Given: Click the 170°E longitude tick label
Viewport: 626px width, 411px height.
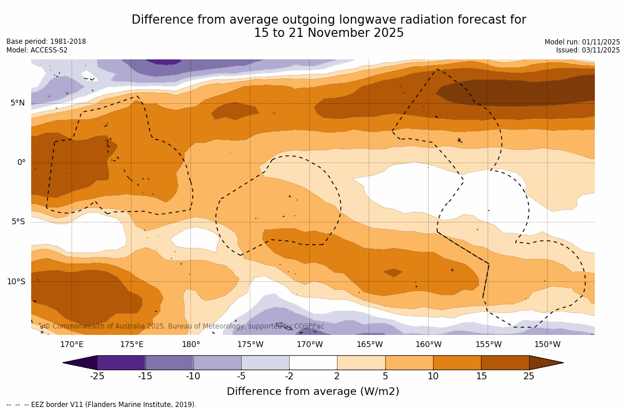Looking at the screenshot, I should point(72,345).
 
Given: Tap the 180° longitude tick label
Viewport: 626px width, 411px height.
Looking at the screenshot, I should point(191,345).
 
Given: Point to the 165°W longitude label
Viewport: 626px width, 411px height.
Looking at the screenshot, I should point(369,345).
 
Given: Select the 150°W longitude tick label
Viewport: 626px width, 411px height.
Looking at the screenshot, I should point(547,345).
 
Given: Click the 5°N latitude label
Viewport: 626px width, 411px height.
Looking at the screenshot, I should point(17,103).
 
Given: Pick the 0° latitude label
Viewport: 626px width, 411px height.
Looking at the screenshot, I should point(21,163).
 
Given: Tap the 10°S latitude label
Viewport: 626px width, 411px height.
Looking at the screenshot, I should point(16,282).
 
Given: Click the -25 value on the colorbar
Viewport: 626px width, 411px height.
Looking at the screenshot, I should point(97,376).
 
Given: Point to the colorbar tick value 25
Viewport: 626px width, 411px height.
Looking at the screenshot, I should point(528,376).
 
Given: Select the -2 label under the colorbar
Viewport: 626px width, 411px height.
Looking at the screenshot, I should point(289,376).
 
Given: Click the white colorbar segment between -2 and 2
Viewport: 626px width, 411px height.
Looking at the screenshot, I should point(313,363).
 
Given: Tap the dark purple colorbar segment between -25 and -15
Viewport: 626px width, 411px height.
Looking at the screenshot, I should point(121,363).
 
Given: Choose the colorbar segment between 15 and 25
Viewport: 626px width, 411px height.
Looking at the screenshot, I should point(505,363).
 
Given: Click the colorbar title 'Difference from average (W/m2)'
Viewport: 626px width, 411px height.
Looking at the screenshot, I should point(313,392).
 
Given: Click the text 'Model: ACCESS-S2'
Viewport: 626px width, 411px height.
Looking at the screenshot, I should point(37,50).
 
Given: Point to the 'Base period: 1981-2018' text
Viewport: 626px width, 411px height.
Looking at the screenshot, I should point(46,42).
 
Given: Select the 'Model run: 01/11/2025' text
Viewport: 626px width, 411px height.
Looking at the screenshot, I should point(582,42).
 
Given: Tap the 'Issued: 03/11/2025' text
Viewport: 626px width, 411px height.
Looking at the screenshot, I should point(588,50).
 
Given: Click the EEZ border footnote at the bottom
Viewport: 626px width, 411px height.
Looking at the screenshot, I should point(102,405).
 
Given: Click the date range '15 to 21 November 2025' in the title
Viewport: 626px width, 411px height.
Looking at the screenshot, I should point(329,33).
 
